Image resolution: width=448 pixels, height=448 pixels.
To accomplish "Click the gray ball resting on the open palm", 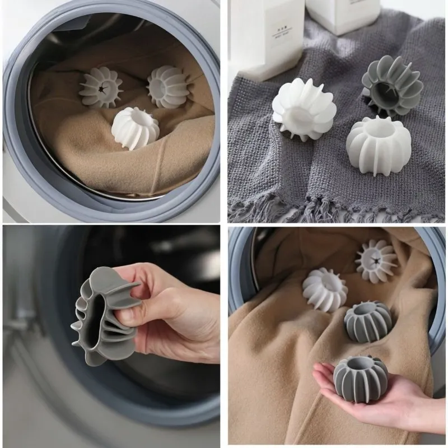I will pyautogui.click(x=360, y=379).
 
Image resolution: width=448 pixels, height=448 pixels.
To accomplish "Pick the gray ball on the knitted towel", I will pyautogui.click(x=391, y=86).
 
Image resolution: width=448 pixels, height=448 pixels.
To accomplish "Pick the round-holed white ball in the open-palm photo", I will pyautogui.click(x=325, y=289).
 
